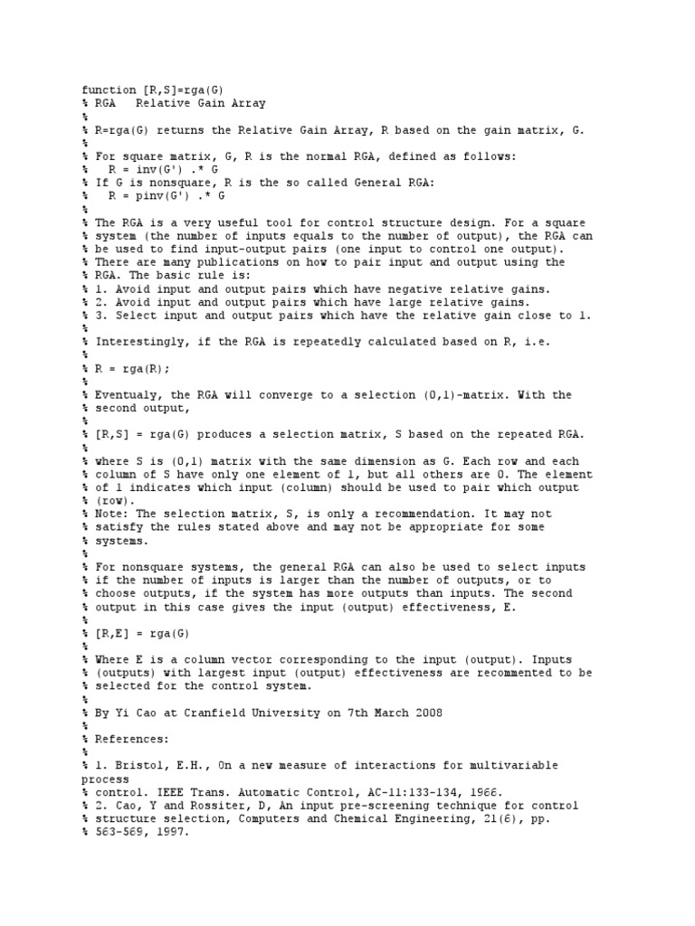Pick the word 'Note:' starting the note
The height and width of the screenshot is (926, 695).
111,515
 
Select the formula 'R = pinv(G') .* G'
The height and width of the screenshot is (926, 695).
165,196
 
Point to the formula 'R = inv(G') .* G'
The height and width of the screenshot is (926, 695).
161,169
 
